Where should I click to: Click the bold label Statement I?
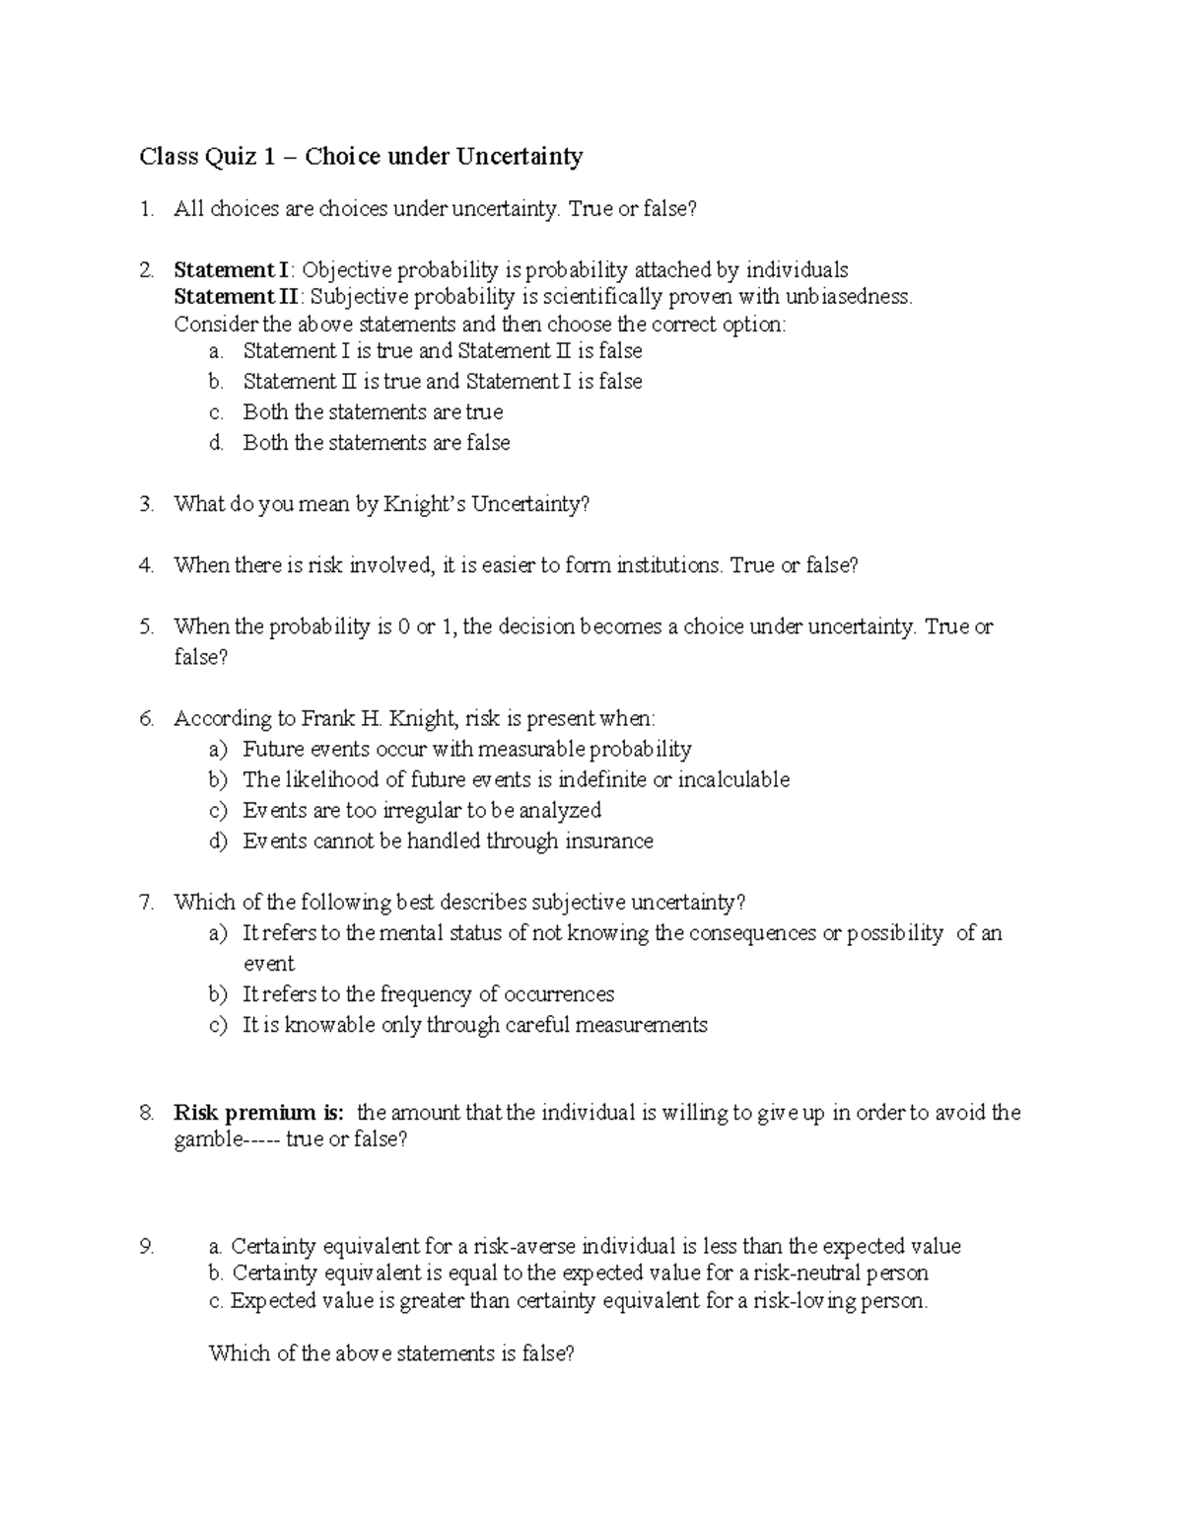point(232,270)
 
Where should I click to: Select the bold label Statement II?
point(236,297)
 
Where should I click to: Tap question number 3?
point(147,504)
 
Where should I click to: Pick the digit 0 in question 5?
point(404,626)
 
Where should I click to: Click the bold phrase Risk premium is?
point(259,1113)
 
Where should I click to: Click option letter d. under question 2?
point(217,443)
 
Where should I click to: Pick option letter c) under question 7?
point(218,1025)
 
